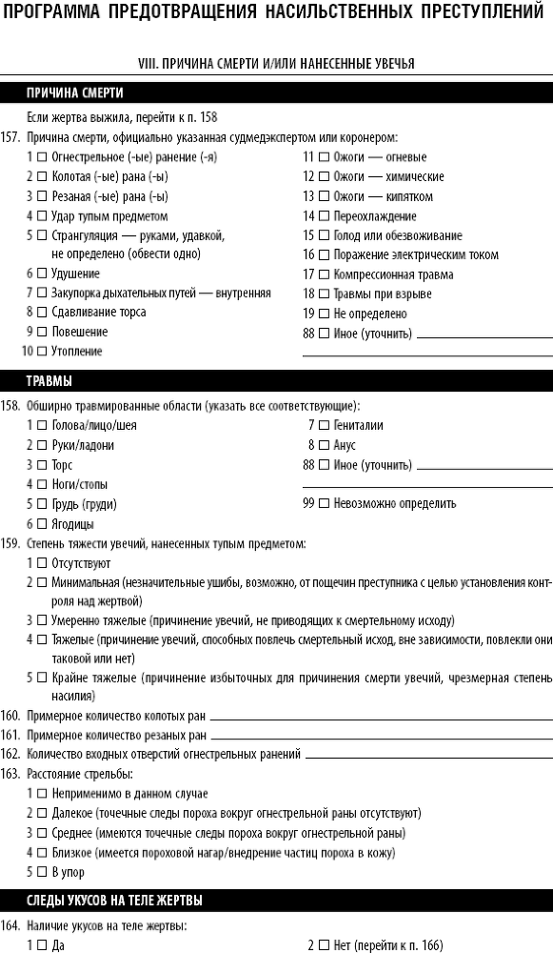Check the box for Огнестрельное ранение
click(x=42, y=157)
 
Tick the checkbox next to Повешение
click(x=42, y=333)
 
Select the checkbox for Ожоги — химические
click(x=325, y=177)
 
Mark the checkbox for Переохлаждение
click(x=325, y=216)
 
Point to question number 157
click(x=11, y=137)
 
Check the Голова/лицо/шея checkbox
click(x=42, y=426)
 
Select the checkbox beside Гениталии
click(x=325, y=426)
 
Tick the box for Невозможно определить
click(x=325, y=503)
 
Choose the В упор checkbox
click(x=42, y=872)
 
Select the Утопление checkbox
click(x=42, y=352)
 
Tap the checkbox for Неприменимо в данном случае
click(x=42, y=794)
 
